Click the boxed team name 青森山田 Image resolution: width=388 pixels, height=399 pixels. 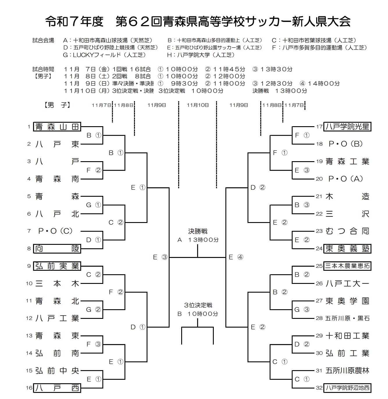(x=57, y=127)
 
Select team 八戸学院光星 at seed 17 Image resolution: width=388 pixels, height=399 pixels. (x=347, y=127)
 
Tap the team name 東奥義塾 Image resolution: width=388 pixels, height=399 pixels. (x=347, y=249)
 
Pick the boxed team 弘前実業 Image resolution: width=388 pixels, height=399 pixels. (x=57, y=266)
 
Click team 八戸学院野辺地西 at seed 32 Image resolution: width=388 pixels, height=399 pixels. (x=347, y=388)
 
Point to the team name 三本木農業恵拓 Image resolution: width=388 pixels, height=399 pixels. (x=347, y=266)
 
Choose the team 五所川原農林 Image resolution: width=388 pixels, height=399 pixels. (x=347, y=371)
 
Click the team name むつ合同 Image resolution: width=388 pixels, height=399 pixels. (x=347, y=231)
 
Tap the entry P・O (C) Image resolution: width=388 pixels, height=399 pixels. (x=55, y=231)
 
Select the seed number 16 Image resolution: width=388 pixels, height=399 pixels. (x=29, y=388)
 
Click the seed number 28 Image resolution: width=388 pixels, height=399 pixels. (x=319, y=318)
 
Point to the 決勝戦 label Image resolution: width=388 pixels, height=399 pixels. (x=198, y=231)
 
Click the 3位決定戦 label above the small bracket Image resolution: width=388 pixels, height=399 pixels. (x=198, y=305)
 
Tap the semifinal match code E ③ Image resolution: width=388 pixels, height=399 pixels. (x=160, y=257)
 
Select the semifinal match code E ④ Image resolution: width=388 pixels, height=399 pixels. (x=236, y=257)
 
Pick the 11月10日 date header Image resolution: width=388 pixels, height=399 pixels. (x=198, y=105)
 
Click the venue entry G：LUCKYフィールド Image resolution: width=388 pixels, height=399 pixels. (x=104, y=55)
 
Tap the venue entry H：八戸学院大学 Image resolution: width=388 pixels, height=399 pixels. (x=201, y=55)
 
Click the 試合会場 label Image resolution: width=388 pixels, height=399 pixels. (x=43, y=41)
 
